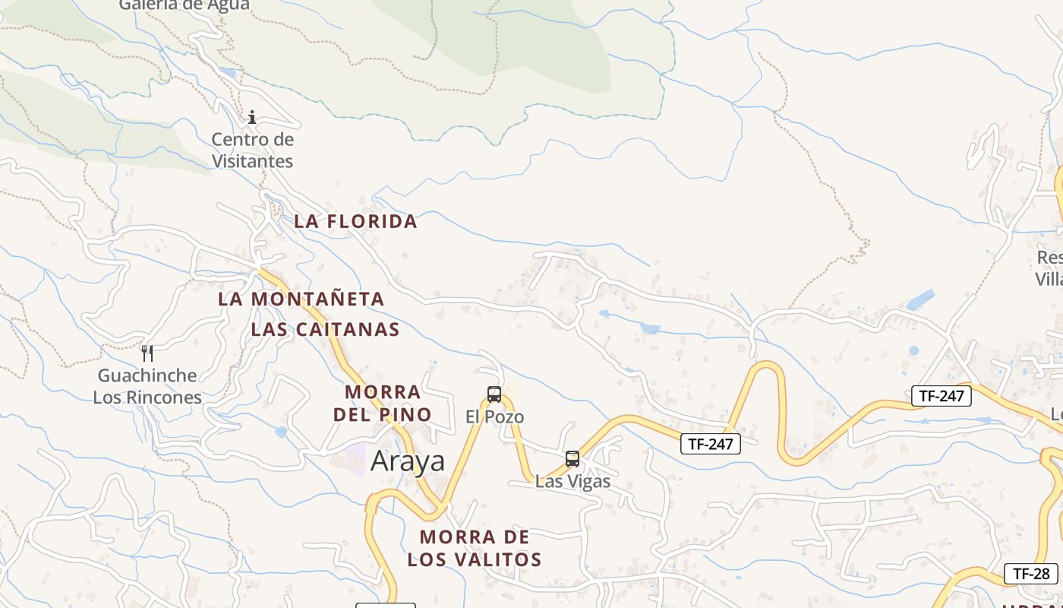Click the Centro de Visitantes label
tap(252, 150)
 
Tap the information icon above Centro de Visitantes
tap(252, 118)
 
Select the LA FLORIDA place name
tap(355, 221)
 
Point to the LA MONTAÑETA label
tap(301, 299)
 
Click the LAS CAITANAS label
tap(325, 329)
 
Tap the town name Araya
tap(408, 461)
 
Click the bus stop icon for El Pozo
tap(494, 394)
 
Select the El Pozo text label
tap(494, 416)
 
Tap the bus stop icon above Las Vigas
tap(573, 459)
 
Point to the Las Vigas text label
tap(573, 481)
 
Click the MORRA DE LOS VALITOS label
tap(475, 548)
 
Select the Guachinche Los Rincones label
tap(147, 386)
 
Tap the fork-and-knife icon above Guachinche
tap(147, 353)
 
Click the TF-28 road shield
tap(1031, 574)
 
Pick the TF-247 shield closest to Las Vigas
tap(710, 444)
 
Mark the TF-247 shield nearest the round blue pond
tap(941, 395)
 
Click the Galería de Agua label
tap(185, 5)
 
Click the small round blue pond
tap(913, 350)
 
